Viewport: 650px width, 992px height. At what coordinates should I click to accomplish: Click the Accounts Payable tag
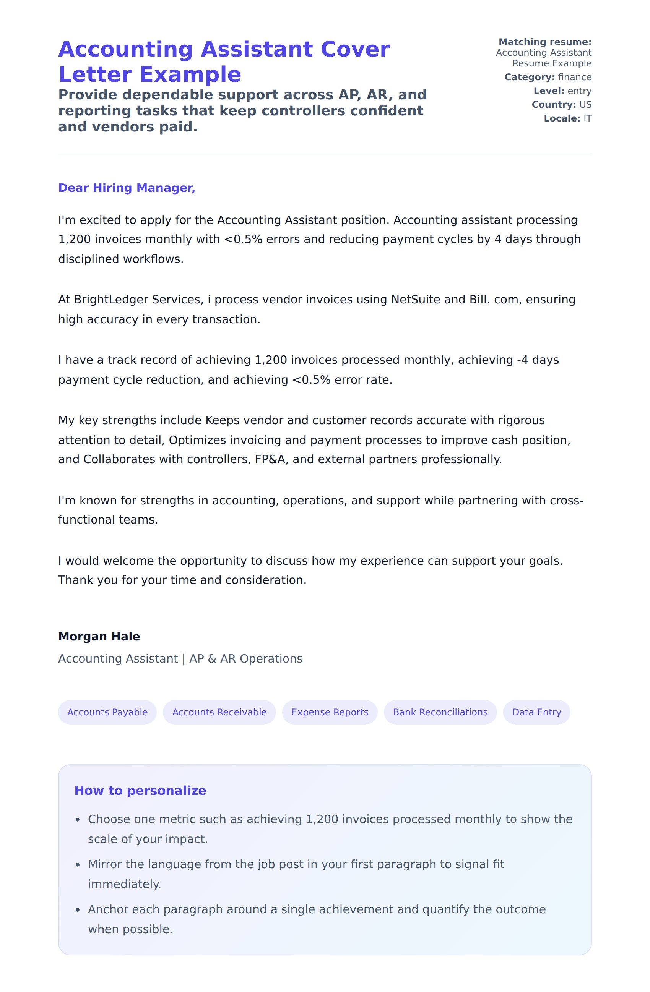pyautogui.click(x=107, y=712)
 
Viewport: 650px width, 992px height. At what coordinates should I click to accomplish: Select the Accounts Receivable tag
pyautogui.click(x=219, y=712)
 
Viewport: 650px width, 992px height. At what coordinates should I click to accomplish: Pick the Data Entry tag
pyautogui.click(x=536, y=712)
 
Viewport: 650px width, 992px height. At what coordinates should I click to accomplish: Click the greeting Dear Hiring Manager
pyautogui.click(x=126, y=188)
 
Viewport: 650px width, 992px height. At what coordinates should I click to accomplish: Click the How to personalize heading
pyautogui.click(x=140, y=791)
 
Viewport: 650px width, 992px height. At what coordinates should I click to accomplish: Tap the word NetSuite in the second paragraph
pyautogui.click(x=415, y=300)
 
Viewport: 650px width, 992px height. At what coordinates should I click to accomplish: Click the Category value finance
pyautogui.click(x=575, y=77)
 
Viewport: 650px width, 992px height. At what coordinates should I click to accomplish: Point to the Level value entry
pyautogui.click(x=579, y=91)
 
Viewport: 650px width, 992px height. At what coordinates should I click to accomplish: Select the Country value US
pyautogui.click(x=585, y=105)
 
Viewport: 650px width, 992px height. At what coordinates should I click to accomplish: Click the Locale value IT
pyautogui.click(x=587, y=118)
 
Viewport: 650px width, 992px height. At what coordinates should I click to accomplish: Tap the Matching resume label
pyautogui.click(x=544, y=42)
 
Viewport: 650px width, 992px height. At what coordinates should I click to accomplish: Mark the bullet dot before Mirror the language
pyautogui.click(x=78, y=865)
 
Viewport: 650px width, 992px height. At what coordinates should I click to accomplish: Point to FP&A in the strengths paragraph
pyautogui.click(x=271, y=459)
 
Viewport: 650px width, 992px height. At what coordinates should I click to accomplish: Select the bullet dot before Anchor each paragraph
pyautogui.click(x=78, y=910)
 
